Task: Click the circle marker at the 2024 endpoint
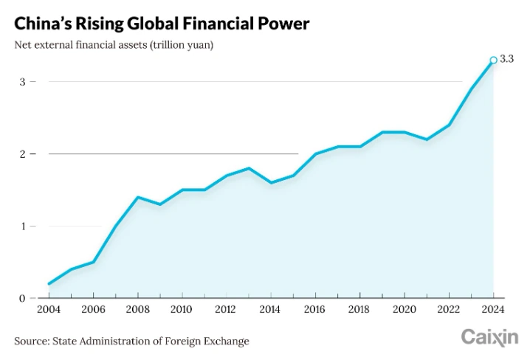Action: [493, 60]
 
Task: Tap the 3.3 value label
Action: [506, 59]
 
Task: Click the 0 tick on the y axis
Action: [23, 298]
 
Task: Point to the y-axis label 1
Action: [23, 226]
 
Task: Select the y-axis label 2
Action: [23, 154]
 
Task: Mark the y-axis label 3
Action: [23, 82]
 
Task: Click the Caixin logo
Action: [489, 338]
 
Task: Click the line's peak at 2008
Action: [138, 197]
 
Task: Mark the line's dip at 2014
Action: [272, 183]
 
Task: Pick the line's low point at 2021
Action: [427, 139]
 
